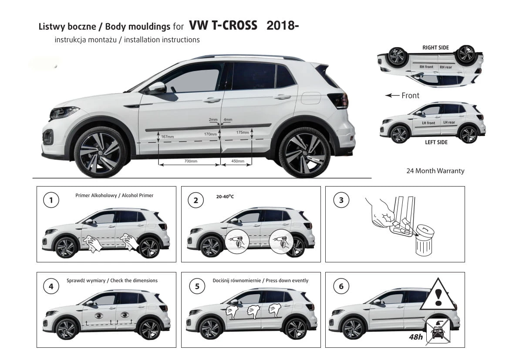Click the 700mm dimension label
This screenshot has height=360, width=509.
pyautogui.click(x=191, y=161)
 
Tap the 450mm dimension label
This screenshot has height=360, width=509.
pyautogui.click(x=238, y=161)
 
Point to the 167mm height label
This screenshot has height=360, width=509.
pyautogui.click(x=168, y=137)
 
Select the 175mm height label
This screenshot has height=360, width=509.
pyautogui.click(x=243, y=132)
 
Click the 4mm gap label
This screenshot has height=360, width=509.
pyautogui.click(x=228, y=119)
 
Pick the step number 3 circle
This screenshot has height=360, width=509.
pyautogui.click(x=341, y=200)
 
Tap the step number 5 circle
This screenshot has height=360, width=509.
pyautogui.click(x=197, y=286)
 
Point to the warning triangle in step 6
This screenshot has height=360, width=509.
pyautogui.click(x=438, y=294)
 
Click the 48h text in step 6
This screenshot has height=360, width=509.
pyautogui.click(x=416, y=337)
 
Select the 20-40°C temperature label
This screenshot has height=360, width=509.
pyautogui.click(x=225, y=197)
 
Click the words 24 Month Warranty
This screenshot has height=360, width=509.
pyautogui.click(x=435, y=171)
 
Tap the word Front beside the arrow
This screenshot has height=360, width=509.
pyautogui.click(x=410, y=95)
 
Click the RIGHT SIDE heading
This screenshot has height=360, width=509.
pyautogui.click(x=436, y=48)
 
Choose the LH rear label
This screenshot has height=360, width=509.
pyautogui.click(x=449, y=122)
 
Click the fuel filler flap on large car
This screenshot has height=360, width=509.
pyautogui.click(x=310, y=98)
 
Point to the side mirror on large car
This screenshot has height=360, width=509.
pyautogui.click(x=157, y=88)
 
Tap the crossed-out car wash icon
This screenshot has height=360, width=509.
pyautogui.click(x=438, y=331)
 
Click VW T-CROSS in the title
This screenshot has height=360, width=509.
pyautogui.click(x=223, y=25)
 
